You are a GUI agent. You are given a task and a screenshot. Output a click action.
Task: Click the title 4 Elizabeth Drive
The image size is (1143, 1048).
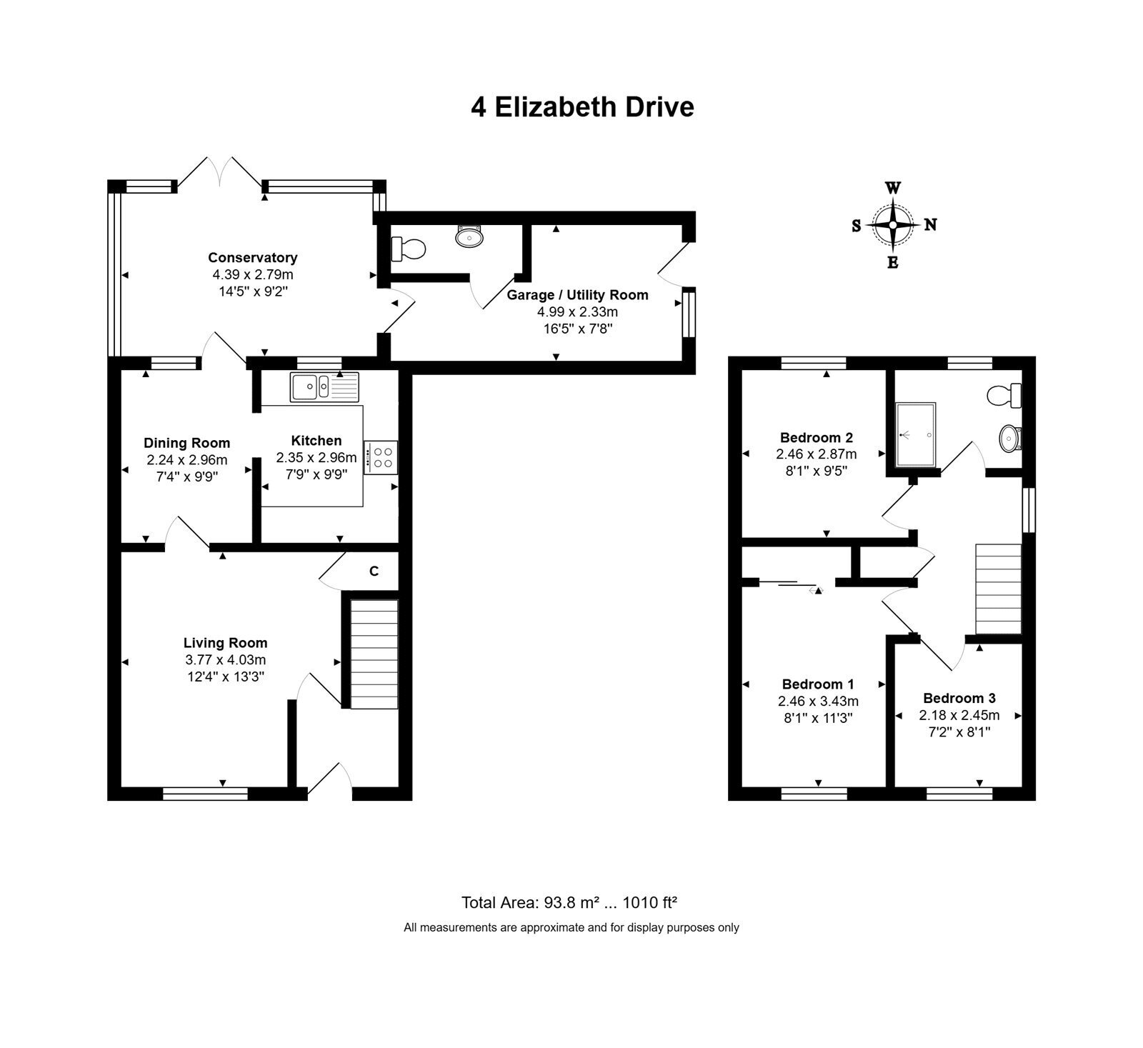pyautogui.click(x=582, y=107)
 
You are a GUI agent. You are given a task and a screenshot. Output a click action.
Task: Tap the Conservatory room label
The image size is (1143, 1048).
pyautogui.click(x=253, y=258)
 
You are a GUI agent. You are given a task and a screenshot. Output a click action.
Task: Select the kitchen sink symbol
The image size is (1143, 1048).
pyautogui.click(x=324, y=386)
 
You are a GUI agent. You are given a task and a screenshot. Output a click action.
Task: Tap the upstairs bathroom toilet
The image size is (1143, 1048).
pyautogui.click(x=1004, y=394)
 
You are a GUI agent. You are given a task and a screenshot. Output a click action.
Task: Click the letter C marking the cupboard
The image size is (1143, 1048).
pyautogui.click(x=374, y=572)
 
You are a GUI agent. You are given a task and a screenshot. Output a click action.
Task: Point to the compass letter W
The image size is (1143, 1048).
pyautogui.click(x=893, y=188)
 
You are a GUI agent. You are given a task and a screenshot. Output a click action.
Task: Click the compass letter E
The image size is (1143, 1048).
pyautogui.click(x=893, y=262)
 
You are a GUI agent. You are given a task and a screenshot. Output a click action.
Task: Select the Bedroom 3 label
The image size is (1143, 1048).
pyautogui.click(x=959, y=698)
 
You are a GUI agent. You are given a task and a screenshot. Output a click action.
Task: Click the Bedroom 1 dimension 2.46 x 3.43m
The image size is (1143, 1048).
pyautogui.click(x=818, y=702)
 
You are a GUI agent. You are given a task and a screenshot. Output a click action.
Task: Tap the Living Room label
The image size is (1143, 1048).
pyautogui.click(x=226, y=643)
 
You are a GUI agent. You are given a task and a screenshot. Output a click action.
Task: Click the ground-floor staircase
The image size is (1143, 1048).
pyautogui.click(x=374, y=654)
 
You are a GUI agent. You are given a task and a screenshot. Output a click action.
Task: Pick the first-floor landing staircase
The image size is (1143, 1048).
pyautogui.click(x=999, y=589)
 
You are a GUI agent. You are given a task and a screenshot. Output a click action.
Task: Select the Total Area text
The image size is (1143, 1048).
pyautogui.click(x=569, y=902)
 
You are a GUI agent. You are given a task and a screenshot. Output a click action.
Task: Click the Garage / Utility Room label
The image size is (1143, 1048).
pyautogui.click(x=578, y=295)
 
